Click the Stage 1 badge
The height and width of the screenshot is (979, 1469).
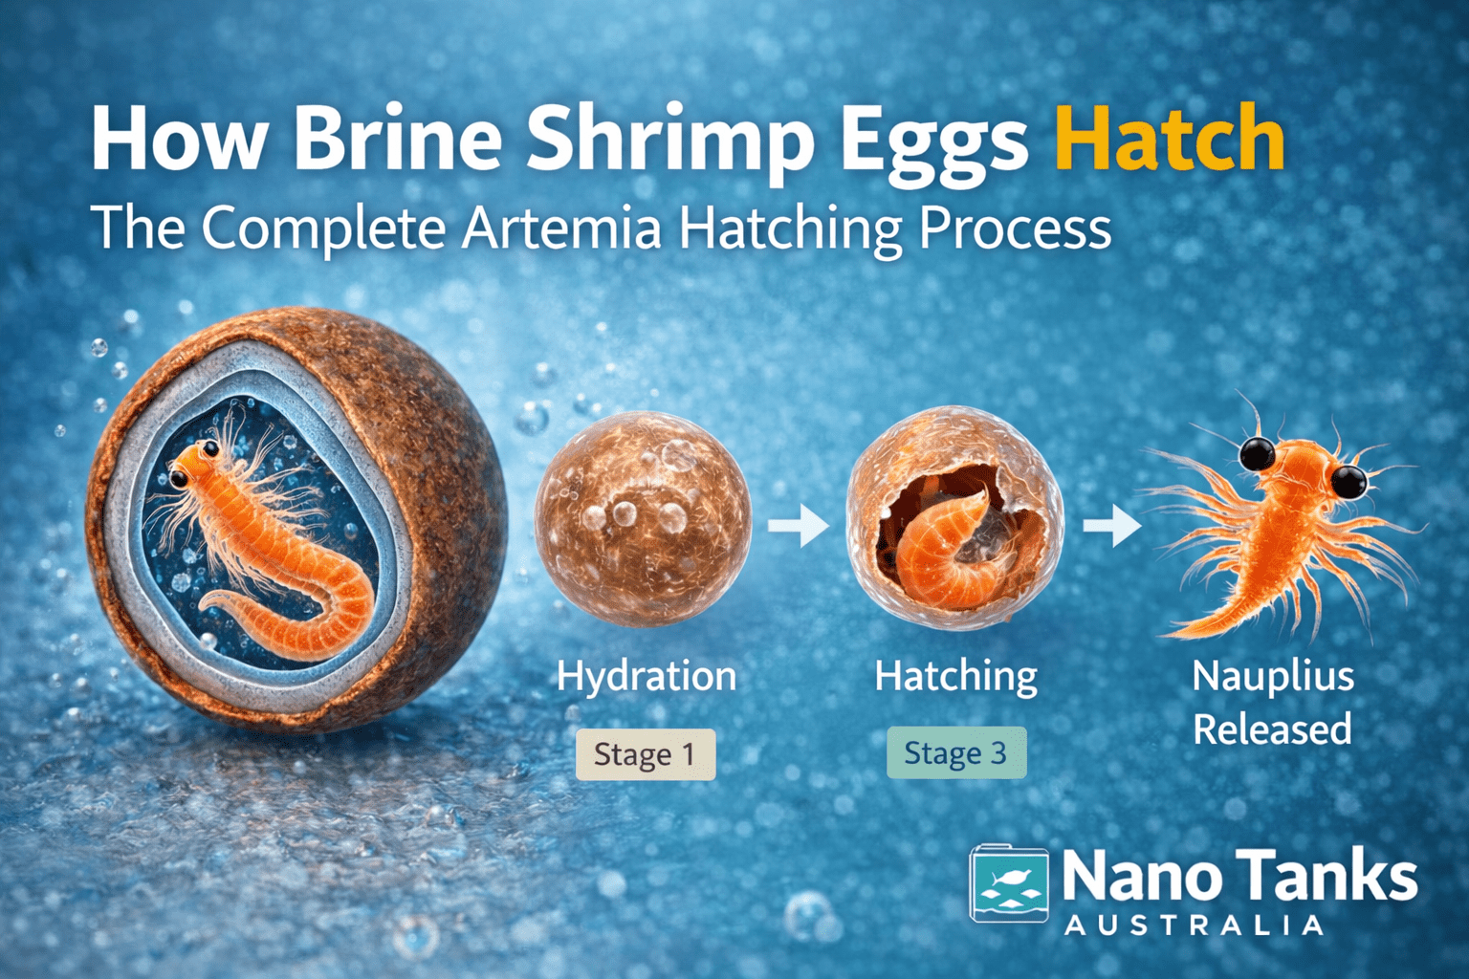click(x=645, y=754)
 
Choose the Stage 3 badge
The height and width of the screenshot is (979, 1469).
click(x=955, y=753)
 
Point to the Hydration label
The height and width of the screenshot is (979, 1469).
click(x=647, y=677)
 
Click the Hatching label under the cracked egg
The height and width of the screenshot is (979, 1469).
click(x=955, y=677)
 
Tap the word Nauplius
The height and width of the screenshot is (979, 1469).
click(x=1273, y=677)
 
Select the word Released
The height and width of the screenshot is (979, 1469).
click(x=1272, y=729)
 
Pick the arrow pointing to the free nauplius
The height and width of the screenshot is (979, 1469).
click(x=1111, y=525)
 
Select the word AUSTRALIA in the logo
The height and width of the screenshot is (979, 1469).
click(x=1195, y=925)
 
